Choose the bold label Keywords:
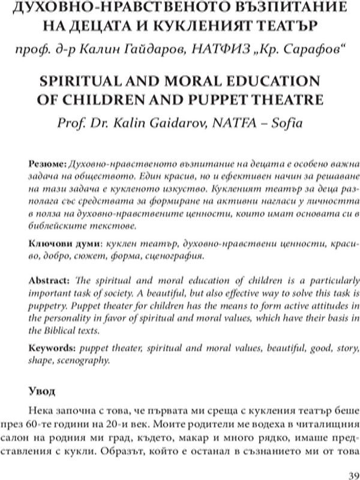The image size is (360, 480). [x=50, y=347]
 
